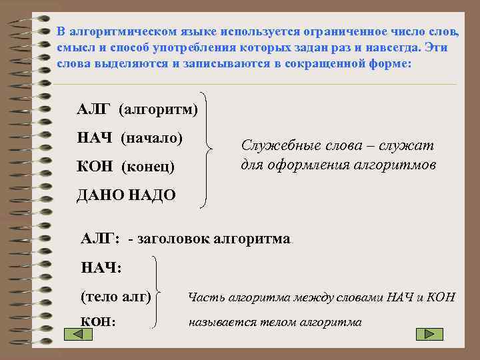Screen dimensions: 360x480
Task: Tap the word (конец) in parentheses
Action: click(148, 165)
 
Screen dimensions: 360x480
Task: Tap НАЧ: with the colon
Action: click(101, 267)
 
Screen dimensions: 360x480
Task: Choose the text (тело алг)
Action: click(115, 295)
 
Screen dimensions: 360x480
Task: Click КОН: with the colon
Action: click(99, 322)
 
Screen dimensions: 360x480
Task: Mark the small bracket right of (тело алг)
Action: click(159, 293)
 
